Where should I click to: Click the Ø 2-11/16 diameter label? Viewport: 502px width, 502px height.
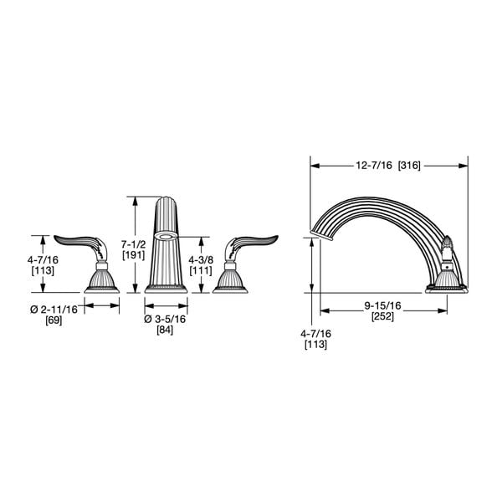click(54, 309)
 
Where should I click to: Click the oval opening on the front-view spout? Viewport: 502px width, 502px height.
click(165, 237)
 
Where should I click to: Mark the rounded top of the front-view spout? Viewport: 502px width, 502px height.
click(165, 201)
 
